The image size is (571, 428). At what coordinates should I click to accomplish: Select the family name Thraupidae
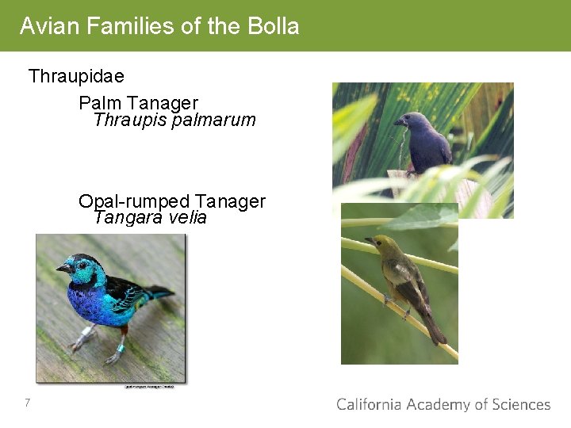coord(76,77)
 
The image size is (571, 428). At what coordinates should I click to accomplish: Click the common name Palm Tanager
coord(138,103)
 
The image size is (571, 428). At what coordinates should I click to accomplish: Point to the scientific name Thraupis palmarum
coord(174,120)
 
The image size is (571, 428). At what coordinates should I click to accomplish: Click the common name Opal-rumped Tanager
coord(171,201)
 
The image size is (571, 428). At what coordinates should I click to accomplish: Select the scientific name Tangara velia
coord(150,218)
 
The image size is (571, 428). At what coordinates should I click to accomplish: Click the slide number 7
coord(27,403)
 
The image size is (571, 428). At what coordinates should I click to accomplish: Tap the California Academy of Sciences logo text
coord(443,404)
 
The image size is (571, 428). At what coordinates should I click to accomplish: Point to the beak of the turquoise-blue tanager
coord(61,269)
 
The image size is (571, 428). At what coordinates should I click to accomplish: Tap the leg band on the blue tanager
coord(121,346)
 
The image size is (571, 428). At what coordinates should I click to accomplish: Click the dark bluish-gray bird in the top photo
coord(427,143)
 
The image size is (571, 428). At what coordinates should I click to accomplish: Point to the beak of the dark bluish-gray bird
coord(398,122)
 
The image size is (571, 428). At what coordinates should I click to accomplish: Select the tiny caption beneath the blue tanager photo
coord(151,387)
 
